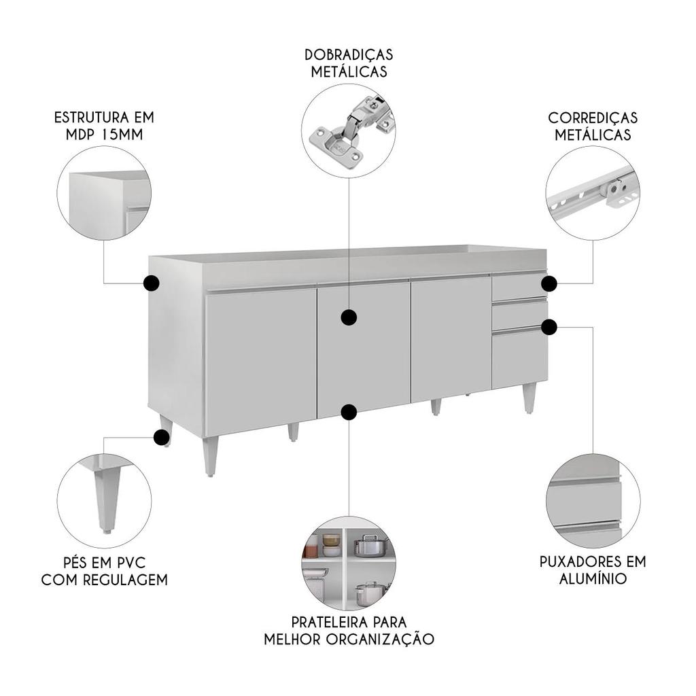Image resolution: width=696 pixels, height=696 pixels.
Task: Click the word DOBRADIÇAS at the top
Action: pos(349,54)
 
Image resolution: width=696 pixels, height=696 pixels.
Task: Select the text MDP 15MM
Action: pos(104,134)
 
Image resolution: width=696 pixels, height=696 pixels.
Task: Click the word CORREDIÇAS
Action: pos(593,118)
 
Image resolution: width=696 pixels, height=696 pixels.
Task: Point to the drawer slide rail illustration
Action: pos(593,192)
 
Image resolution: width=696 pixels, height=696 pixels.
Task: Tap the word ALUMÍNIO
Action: pos(593,579)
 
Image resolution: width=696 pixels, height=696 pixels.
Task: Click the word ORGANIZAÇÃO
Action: pos(380,639)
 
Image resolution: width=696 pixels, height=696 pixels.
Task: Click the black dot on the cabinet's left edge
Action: pos(152,283)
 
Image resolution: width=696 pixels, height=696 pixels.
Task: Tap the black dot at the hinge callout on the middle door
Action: pos(349,317)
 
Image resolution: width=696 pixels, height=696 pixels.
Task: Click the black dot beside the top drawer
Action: pos(549,283)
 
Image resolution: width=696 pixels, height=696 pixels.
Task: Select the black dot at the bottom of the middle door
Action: pos(349,412)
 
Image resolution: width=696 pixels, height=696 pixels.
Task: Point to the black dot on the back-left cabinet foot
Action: pos(162,437)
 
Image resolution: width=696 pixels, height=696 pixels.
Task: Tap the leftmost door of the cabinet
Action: pos(261,360)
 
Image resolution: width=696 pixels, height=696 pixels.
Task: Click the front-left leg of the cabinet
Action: pos(211,456)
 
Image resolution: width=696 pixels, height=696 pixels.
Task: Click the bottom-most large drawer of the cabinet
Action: pos(520,359)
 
